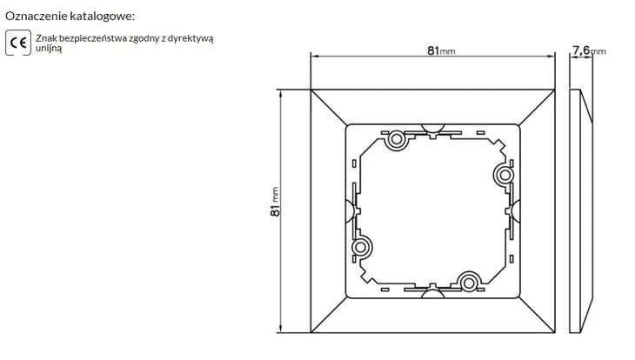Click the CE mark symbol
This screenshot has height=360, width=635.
18,43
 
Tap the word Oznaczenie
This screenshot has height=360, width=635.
36,17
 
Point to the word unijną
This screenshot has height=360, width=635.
49,48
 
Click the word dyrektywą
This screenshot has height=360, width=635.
190,38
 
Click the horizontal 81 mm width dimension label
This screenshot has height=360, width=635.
441,50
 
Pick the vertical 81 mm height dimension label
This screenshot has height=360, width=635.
275,202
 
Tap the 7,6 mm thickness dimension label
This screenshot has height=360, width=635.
589,50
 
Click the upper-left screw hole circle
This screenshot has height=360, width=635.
397,140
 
